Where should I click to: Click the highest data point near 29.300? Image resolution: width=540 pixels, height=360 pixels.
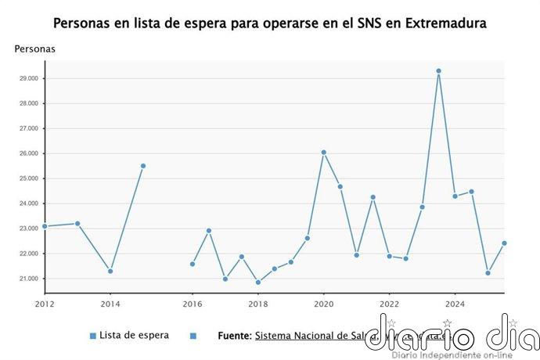438,71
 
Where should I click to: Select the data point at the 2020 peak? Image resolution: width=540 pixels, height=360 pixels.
323,153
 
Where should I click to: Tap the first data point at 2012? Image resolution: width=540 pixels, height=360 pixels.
45,226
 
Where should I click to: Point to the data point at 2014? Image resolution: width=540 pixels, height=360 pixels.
110,272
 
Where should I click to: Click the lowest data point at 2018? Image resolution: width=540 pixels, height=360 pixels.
257,283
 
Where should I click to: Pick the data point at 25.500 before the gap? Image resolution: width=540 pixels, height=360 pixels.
143,166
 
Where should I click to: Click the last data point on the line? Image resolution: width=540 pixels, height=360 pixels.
504,243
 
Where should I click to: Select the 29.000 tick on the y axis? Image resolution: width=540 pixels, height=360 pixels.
28,78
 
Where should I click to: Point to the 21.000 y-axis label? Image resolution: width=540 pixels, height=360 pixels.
28,279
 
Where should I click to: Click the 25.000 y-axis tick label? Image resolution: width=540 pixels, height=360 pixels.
28,178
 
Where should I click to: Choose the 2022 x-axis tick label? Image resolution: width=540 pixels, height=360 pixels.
389,304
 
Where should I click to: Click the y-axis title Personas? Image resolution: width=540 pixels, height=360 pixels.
34,49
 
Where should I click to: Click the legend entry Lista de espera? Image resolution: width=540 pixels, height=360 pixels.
133,335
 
